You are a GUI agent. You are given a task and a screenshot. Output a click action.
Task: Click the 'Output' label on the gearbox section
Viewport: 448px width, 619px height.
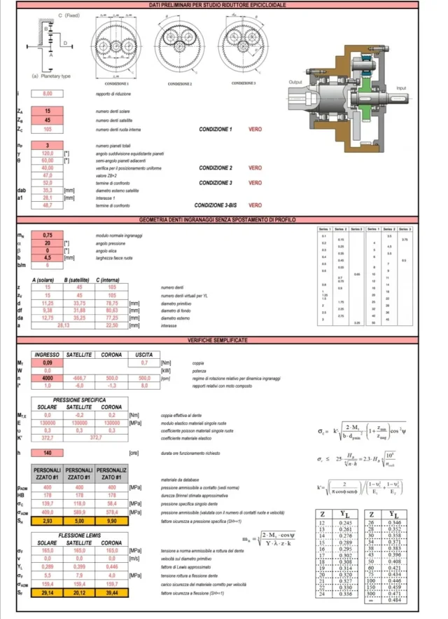(294, 82)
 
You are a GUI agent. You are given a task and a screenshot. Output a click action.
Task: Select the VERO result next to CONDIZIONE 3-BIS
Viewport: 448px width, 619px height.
(255, 205)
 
